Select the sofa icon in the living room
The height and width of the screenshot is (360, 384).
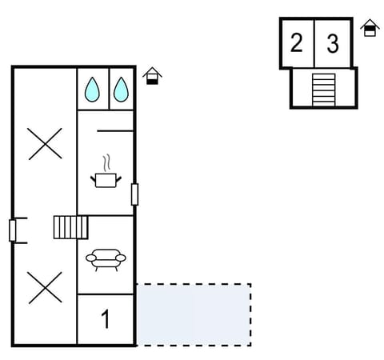[x=105, y=259]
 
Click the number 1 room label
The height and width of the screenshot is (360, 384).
[x=105, y=320]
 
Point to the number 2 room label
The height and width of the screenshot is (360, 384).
[x=297, y=43]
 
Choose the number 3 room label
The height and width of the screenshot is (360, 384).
[x=333, y=43]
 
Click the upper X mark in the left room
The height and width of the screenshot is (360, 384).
[x=45, y=144]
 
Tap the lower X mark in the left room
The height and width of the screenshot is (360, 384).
[x=45, y=286]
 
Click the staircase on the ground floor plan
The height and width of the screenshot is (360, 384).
[x=70, y=227]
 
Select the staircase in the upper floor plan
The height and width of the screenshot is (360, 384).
[x=323, y=90]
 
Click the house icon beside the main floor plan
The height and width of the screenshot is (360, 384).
[x=152, y=76]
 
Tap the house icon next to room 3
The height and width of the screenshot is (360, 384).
[x=370, y=29]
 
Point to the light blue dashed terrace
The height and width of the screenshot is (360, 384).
[x=194, y=314]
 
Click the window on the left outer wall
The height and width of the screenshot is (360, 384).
[x=12, y=230]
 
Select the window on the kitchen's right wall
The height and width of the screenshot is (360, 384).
[x=134, y=194]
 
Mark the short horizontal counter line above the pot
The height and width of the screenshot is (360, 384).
[x=114, y=130]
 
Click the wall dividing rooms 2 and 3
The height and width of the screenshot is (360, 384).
[x=314, y=43]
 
